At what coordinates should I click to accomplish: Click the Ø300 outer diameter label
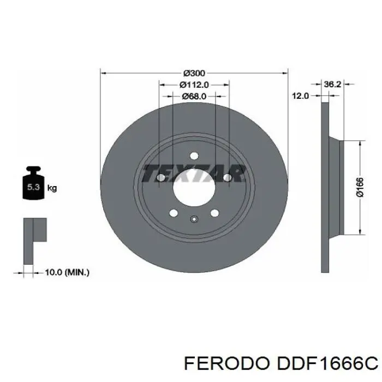point(194,73)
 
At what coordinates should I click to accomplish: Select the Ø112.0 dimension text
point(194,85)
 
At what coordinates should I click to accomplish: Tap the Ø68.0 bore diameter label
point(194,96)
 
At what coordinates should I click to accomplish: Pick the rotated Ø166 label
point(360,187)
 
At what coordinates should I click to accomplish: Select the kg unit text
point(52,188)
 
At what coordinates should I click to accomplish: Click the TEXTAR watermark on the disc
point(194,174)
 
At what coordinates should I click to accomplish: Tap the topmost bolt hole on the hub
point(194,155)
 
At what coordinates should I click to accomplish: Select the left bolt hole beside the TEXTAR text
point(160,178)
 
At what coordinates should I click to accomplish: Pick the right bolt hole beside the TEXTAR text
point(227,178)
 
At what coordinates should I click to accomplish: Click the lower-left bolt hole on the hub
point(173,213)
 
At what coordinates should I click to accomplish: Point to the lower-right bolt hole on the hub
point(214,213)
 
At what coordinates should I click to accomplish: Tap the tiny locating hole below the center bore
point(194,220)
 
